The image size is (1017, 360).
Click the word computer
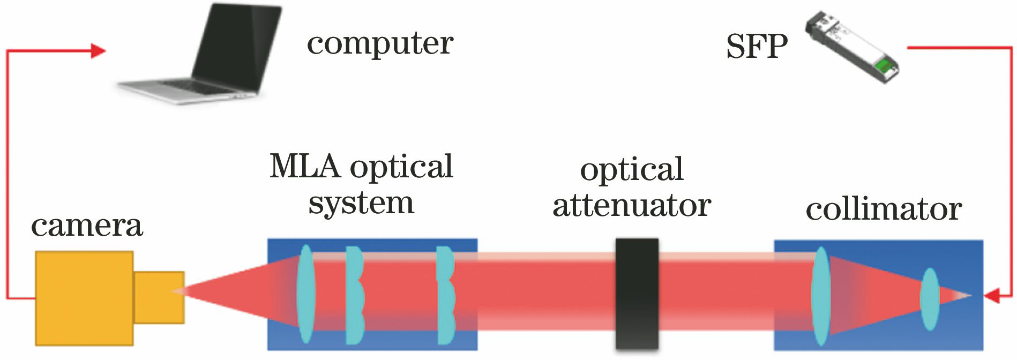coord(380,44)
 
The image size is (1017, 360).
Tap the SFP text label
coord(757,47)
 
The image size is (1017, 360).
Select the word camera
coord(87,226)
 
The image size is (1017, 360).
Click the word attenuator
coord(632,206)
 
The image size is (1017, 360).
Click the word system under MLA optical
coord(361,204)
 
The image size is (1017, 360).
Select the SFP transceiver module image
coord(852,48)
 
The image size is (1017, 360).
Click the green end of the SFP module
coord(885,67)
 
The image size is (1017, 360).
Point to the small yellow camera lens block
coord(159,297)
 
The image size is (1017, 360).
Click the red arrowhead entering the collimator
coord(992,296)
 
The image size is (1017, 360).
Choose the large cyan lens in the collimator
coord(820,296)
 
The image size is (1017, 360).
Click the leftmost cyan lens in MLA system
coord(305,294)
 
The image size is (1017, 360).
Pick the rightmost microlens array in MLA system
coord(445,295)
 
